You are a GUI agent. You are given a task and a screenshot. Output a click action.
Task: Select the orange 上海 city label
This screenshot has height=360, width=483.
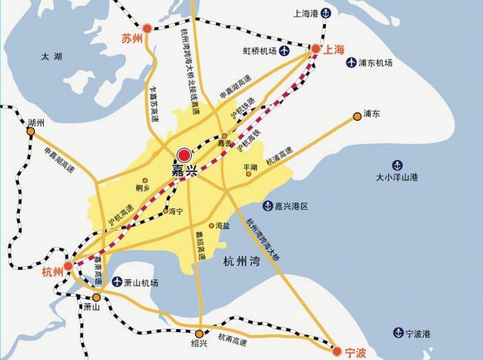pyautogui.click(x=334, y=49)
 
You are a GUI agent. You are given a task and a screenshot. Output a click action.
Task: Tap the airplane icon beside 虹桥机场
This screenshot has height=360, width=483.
pyautogui.click(x=285, y=51)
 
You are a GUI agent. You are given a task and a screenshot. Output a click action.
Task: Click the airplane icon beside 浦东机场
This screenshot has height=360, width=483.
pyautogui.click(x=352, y=63)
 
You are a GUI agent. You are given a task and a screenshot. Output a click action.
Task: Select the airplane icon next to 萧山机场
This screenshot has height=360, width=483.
pyautogui.click(x=117, y=282)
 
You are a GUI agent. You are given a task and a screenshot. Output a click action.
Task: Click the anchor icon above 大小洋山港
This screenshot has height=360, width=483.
pyautogui.click(x=396, y=165)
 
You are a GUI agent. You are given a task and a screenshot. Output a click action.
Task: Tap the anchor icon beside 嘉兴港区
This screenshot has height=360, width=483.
pyautogui.click(x=267, y=205)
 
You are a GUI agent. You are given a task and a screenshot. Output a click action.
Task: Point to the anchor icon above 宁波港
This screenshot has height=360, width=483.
pyautogui.click(x=398, y=332)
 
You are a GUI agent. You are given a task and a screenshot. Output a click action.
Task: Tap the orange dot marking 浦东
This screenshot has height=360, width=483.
pyautogui.click(x=358, y=116)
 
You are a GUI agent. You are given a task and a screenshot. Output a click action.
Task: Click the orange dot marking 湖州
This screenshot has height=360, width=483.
pyautogui.click(x=31, y=131)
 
